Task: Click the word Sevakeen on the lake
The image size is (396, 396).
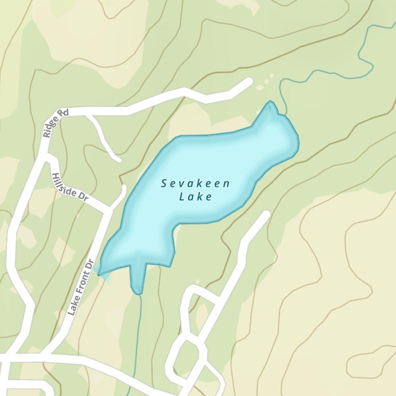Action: click(196, 183)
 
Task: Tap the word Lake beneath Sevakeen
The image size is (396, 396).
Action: click(196, 196)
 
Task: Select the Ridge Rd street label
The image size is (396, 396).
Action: click(55, 123)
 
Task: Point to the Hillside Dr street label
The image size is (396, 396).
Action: click(69, 187)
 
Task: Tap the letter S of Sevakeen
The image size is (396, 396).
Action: click(164, 183)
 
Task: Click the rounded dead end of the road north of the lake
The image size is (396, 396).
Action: click(249, 82)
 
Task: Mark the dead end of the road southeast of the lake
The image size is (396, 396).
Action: click(266, 215)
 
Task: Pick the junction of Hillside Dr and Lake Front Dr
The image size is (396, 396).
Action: click(107, 209)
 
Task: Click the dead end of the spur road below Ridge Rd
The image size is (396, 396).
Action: click(118, 159)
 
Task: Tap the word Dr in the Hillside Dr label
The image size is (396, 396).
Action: click(82, 196)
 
